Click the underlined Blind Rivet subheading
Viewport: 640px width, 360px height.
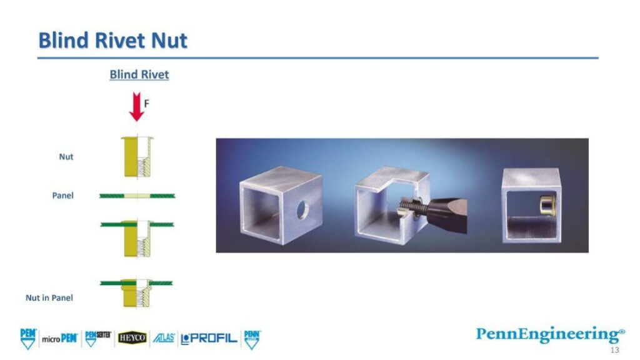coord(139,74)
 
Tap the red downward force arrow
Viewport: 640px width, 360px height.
coord(136,106)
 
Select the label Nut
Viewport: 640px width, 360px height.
coord(66,156)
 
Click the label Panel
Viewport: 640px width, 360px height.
coord(62,196)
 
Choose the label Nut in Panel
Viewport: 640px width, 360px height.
coord(49,298)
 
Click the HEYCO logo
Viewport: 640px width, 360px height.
coord(132,338)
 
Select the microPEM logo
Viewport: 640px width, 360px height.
coord(59,339)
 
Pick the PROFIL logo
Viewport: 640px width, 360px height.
coord(209,339)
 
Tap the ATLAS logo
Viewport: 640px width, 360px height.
coord(164,338)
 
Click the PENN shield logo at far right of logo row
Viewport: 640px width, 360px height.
coord(252,338)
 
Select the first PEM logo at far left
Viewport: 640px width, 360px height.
coord(28,337)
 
